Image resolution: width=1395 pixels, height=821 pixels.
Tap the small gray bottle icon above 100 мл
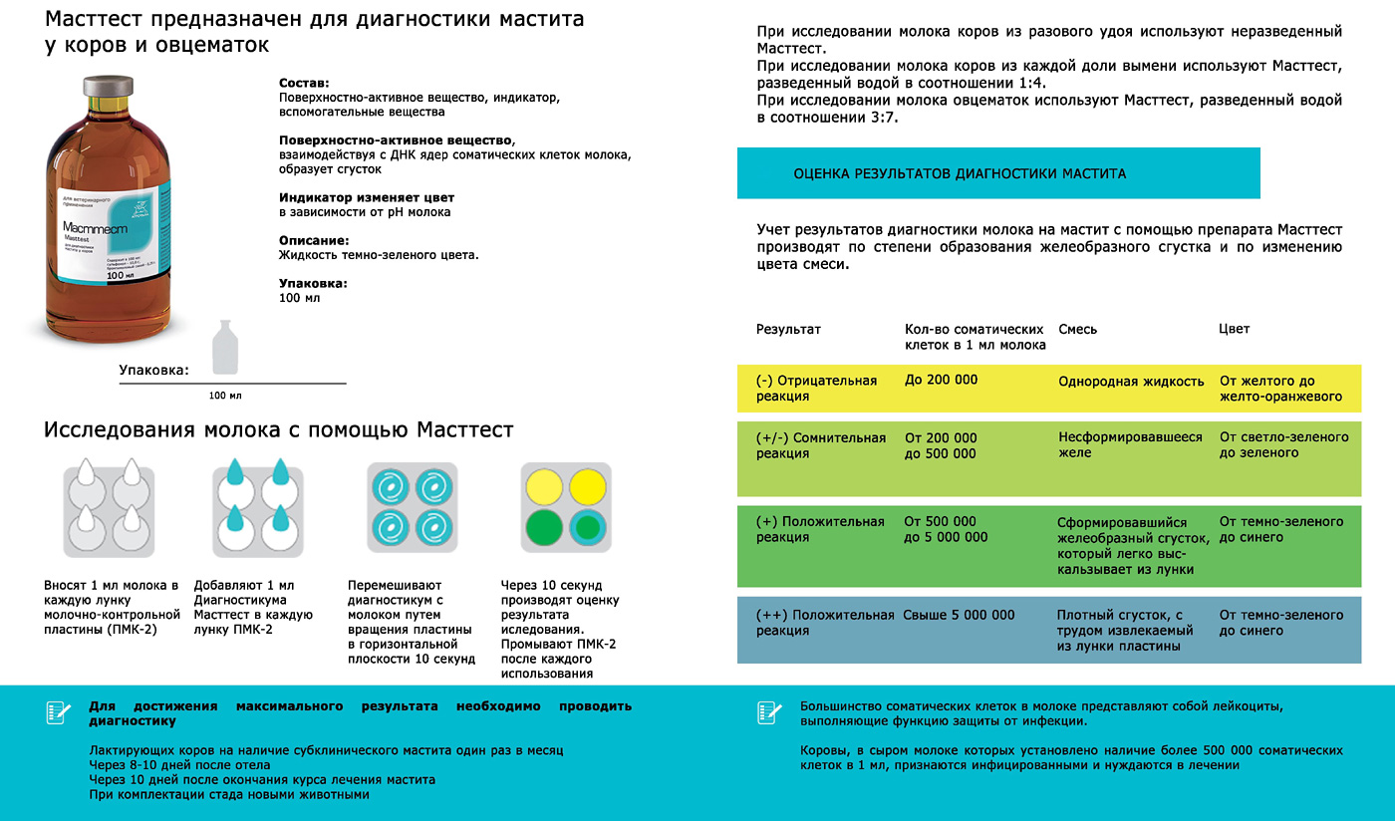coord(226,349)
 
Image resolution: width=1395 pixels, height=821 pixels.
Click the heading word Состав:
coord(304,83)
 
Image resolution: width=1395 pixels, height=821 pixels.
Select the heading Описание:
coord(314,240)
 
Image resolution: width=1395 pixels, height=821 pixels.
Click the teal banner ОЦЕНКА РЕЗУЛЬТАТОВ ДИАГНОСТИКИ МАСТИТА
coord(997,173)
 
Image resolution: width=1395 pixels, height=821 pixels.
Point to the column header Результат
coord(788,329)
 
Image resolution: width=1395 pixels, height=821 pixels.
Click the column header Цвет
coord(1234,329)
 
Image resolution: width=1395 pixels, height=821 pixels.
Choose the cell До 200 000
coord(941,381)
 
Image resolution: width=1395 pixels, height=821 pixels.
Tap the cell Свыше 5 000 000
coord(959,615)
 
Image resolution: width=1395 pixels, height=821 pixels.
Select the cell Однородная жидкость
coord(1130,381)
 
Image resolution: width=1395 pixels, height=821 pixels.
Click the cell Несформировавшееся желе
coord(1130,444)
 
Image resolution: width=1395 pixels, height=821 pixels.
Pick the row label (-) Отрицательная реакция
coord(816,388)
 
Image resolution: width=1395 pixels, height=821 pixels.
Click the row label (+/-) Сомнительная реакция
coord(820,445)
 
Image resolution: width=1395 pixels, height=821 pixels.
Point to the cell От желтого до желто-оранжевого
coord(1280,388)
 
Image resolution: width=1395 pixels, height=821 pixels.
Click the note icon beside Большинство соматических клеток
coord(768,712)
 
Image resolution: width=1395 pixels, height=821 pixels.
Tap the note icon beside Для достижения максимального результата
coord(57,712)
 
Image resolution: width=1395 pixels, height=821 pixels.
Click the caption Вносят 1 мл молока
coord(112,608)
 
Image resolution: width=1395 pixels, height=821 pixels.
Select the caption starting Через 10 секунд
coord(558,629)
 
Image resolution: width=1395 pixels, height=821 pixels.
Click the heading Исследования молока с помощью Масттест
coord(278,430)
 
